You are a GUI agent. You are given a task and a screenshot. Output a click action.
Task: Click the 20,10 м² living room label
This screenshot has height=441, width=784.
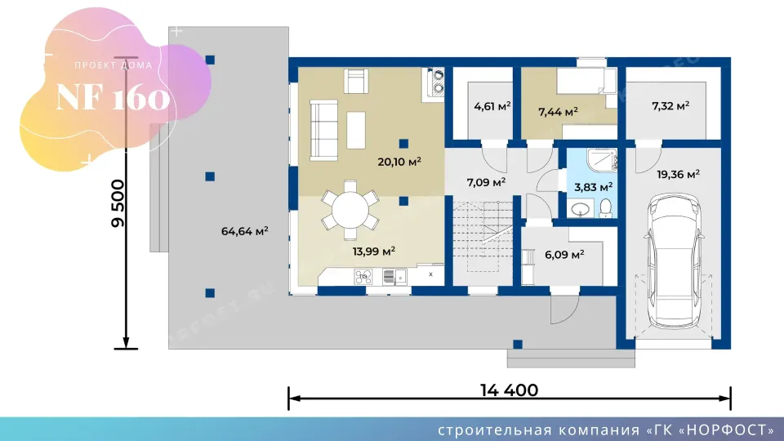[399, 162]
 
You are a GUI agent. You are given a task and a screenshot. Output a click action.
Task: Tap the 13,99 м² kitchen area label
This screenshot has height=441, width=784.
[373, 251]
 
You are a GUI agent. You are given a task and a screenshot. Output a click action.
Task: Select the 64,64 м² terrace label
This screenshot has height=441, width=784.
[244, 231]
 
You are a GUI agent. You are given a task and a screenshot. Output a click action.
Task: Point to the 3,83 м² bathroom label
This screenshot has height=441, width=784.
[593, 188]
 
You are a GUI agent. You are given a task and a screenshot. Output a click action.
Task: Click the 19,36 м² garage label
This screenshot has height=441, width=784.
[678, 175]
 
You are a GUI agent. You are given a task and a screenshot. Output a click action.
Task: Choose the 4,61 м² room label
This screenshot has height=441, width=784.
[492, 106]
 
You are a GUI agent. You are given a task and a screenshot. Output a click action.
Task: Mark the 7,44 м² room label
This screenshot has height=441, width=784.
[558, 112]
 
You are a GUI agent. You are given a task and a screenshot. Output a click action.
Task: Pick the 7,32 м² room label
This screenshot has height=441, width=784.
[670, 106]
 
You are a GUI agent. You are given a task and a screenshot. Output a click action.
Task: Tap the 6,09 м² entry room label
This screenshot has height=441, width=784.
[564, 255]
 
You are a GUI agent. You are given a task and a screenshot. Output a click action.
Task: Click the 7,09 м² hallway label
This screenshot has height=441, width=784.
[486, 182]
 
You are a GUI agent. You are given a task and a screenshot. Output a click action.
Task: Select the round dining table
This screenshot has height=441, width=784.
[350, 210]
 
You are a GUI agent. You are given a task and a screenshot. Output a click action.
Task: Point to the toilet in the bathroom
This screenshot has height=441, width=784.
[605, 208]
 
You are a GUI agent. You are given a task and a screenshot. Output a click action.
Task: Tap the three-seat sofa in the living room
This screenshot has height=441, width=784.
[323, 130]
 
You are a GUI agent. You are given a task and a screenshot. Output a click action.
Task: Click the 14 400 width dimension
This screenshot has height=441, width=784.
[509, 390]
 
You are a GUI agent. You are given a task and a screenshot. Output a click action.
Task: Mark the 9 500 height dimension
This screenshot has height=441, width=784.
[118, 203]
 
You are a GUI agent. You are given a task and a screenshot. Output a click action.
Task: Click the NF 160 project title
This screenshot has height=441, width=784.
[113, 97]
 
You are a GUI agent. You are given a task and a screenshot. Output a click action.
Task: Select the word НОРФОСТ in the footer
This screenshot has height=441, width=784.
[727, 430]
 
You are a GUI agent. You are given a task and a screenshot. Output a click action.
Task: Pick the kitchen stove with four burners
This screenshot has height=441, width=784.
[363, 277]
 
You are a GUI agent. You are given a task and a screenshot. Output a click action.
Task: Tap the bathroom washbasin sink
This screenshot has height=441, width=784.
[581, 208]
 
